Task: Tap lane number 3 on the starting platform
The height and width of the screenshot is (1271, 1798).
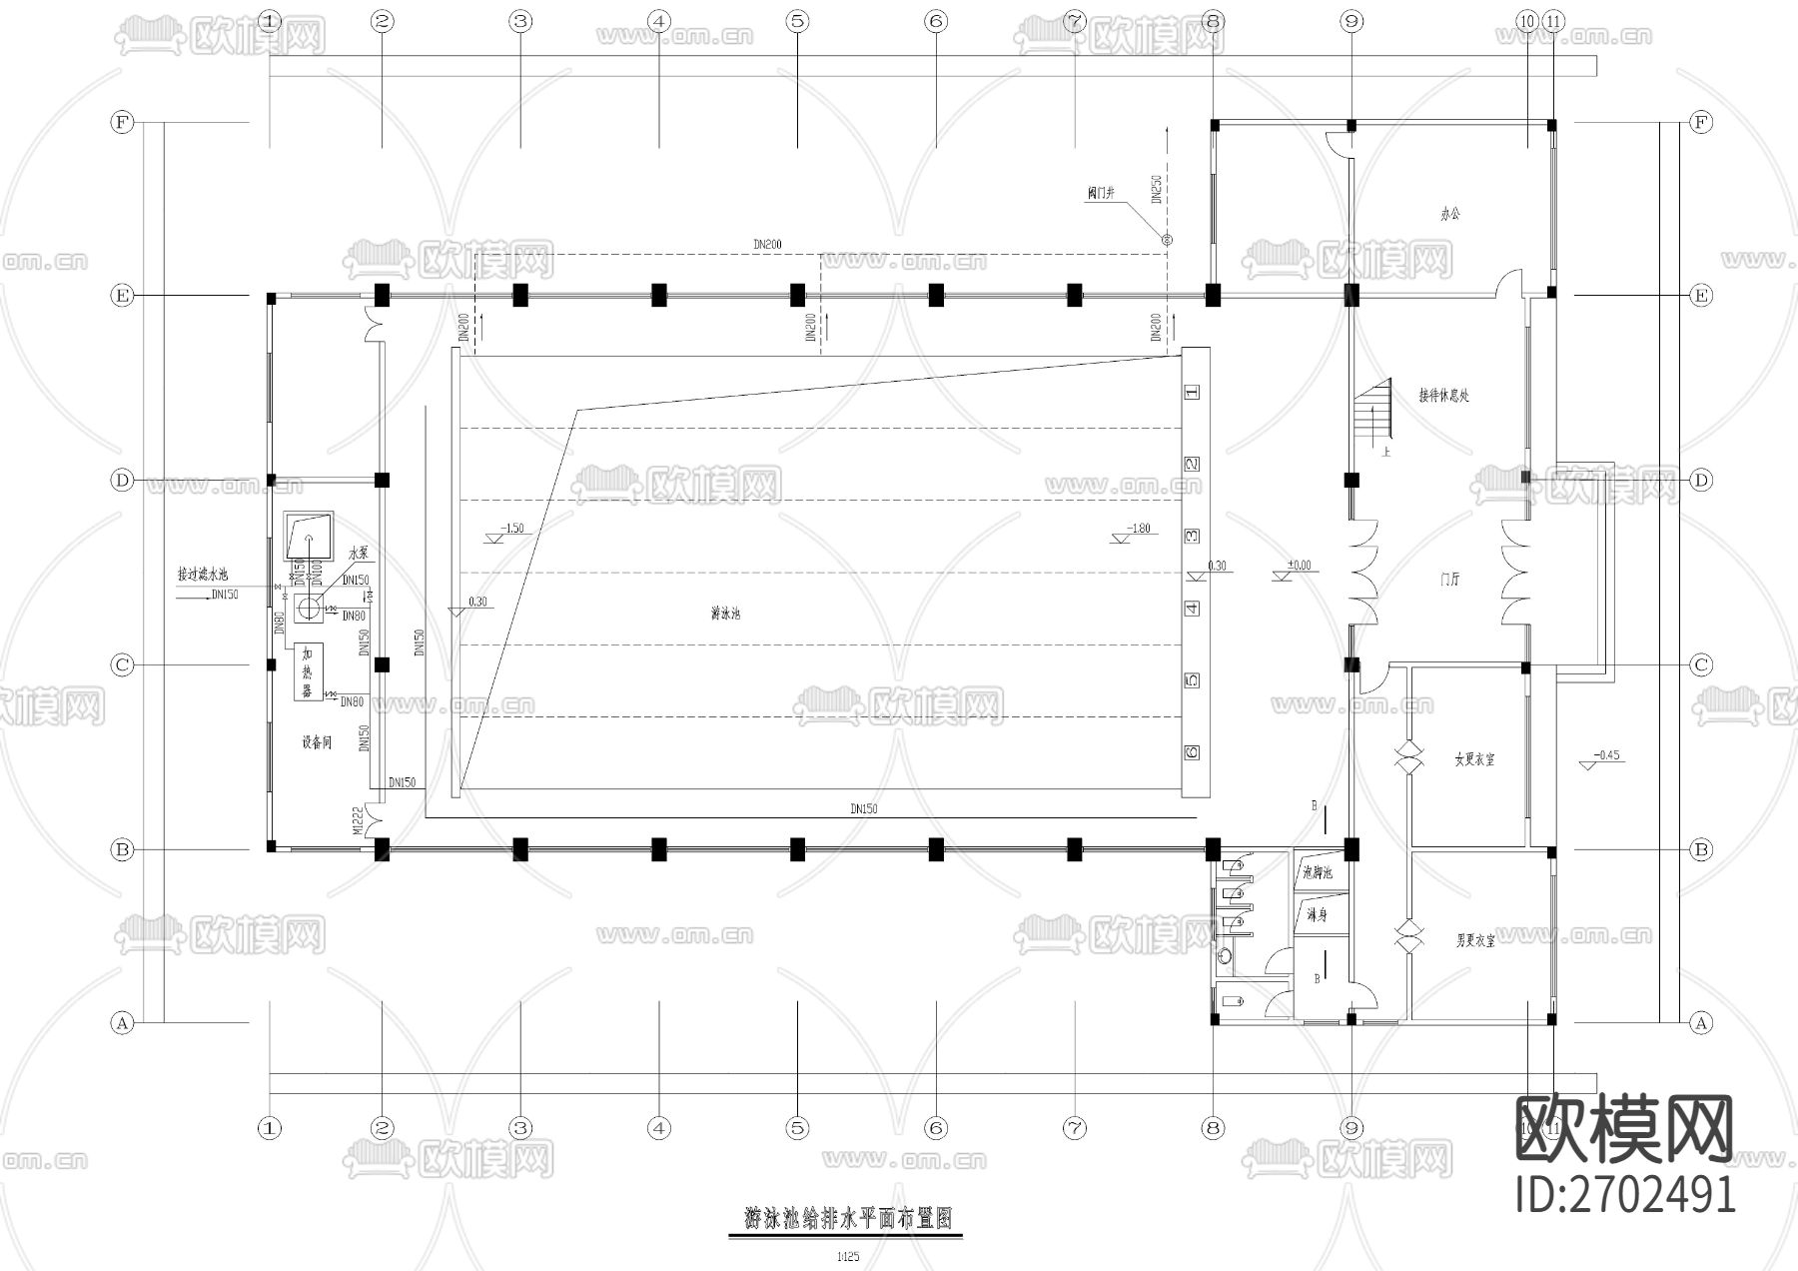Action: point(1192,537)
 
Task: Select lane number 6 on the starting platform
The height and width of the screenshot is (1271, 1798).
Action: point(1192,752)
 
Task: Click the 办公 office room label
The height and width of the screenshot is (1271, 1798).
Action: point(1450,214)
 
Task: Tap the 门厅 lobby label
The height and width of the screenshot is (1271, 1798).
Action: point(1450,579)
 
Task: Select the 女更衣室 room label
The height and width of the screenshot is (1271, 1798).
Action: point(1474,759)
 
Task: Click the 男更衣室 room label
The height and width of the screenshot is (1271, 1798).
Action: point(1474,940)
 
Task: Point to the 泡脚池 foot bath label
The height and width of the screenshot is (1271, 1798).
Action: point(1318,872)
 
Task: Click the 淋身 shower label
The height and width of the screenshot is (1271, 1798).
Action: point(1316,914)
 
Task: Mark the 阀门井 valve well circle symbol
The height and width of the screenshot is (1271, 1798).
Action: point(1166,240)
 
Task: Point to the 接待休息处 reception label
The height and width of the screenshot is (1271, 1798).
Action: point(1444,396)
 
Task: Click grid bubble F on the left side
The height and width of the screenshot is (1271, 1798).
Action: point(121,122)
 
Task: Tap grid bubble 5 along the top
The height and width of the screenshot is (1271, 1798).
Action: point(797,20)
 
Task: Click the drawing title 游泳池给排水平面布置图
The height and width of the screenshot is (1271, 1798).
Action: point(848,1219)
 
